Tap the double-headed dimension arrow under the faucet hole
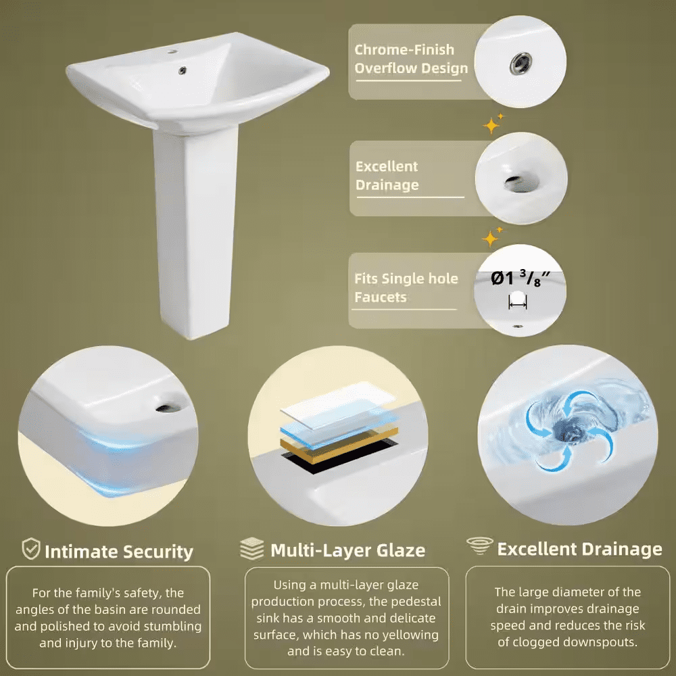tap(518, 306)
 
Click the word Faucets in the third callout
tap(381, 297)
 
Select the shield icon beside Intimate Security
tap(31, 549)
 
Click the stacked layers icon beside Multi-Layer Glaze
tap(252, 549)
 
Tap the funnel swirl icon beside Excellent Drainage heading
tap(480, 546)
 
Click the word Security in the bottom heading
tap(156, 552)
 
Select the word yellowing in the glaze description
tap(410, 635)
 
